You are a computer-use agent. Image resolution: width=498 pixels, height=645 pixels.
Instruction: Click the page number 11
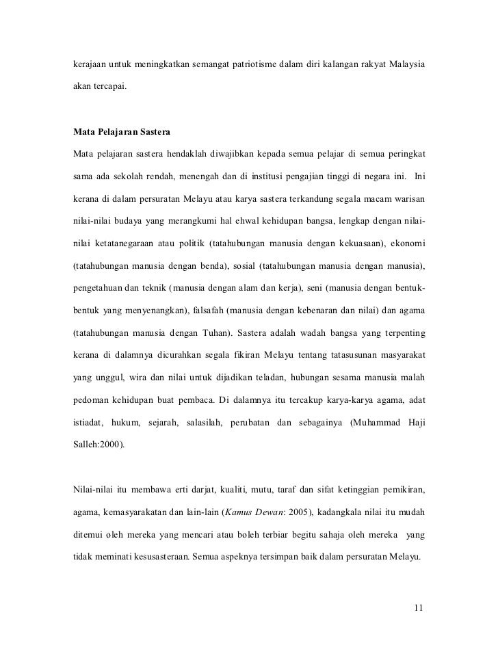pos(419,607)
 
